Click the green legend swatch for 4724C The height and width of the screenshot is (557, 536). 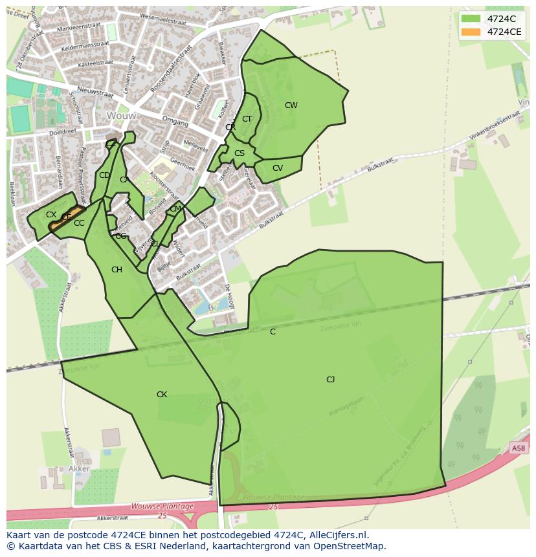point(471,18)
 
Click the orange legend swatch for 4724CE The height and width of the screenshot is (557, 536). point(471,32)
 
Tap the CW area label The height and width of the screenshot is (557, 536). point(291,105)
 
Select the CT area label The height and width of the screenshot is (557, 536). point(247,119)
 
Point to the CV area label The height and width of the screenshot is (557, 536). point(278,168)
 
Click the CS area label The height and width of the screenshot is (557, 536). point(240,153)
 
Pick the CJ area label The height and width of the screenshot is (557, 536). point(330,380)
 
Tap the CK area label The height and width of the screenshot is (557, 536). point(162,395)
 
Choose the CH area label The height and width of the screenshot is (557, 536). point(117,270)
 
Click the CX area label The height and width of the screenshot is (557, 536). point(51,215)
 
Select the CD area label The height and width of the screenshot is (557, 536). point(104,175)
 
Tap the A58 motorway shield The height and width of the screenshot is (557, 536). point(518,448)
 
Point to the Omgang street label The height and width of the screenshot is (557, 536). point(175,122)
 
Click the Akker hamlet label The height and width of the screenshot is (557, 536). point(79,468)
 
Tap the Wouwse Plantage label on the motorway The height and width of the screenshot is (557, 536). point(162,506)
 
